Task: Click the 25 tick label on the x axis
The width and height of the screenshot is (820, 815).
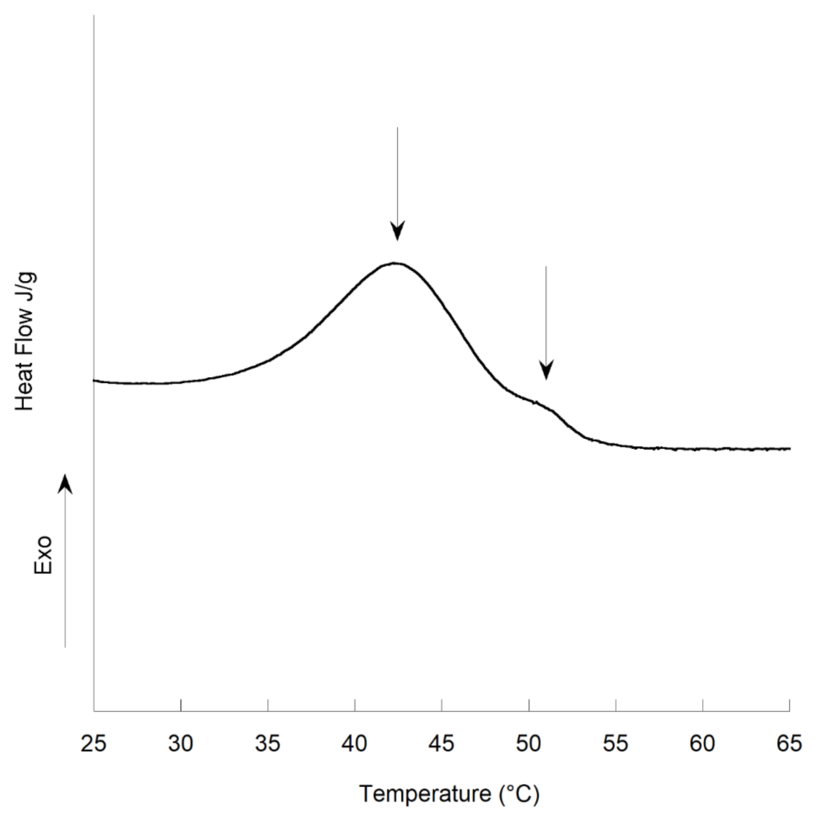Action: (93, 744)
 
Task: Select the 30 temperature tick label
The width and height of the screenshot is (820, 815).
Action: (181, 744)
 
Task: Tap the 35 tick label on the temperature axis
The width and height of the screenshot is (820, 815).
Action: (268, 744)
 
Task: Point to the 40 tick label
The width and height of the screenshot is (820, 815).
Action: (354, 744)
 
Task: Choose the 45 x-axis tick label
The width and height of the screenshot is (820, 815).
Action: (441, 744)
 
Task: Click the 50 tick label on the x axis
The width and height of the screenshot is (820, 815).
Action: (528, 744)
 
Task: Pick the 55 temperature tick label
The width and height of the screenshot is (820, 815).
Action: (615, 744)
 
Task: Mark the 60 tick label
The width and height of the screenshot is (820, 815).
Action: (702, 744)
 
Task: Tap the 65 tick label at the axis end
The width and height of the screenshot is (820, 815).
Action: (789, 744)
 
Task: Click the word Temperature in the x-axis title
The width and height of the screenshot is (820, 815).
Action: (425, 793)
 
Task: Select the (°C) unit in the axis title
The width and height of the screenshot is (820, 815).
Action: (519, 794)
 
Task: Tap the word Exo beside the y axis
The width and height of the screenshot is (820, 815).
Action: (43, 554)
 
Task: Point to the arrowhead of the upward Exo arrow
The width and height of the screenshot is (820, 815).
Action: (65, 484)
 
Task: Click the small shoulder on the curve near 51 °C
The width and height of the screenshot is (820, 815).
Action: (538, 403)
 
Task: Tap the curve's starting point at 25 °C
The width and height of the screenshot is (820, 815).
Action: (94, 381)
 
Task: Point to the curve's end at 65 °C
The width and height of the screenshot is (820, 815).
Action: (789, 449)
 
